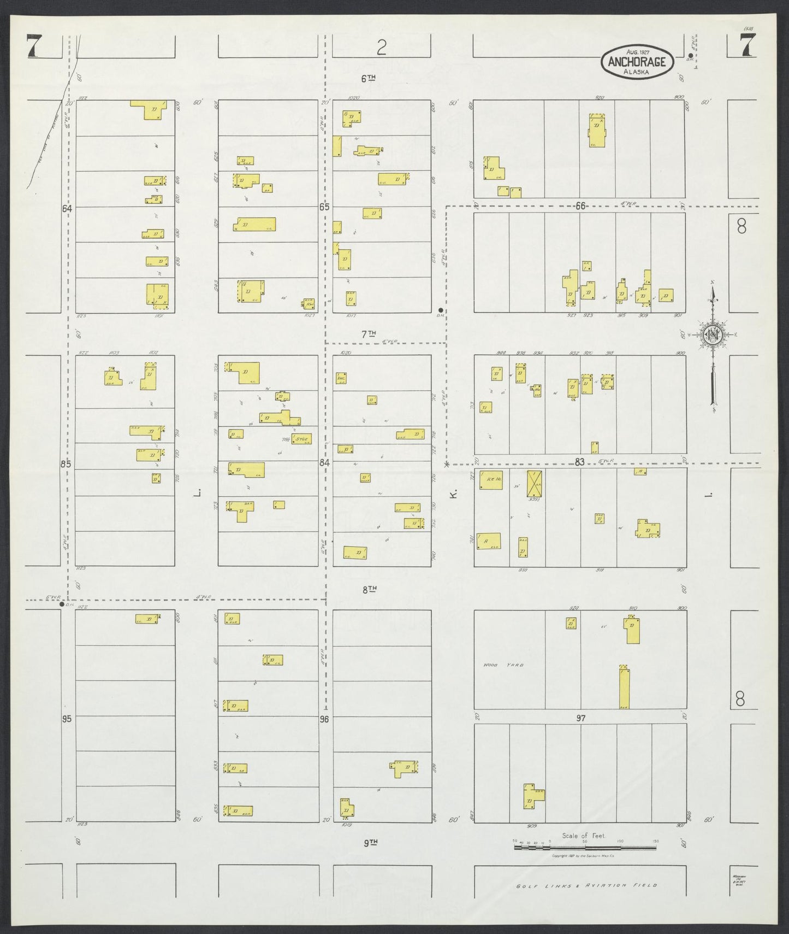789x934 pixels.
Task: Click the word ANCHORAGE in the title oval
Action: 637,62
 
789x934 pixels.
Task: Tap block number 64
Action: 67,208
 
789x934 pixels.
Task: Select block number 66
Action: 580,205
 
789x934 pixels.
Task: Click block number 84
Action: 325,463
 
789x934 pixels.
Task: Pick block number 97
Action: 580,718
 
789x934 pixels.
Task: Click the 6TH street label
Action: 370,78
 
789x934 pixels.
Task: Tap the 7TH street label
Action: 370,333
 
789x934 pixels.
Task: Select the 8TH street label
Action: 370,589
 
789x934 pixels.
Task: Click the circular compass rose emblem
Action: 712,336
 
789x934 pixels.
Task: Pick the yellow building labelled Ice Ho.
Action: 491,479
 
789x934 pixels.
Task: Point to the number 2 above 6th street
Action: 381,49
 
